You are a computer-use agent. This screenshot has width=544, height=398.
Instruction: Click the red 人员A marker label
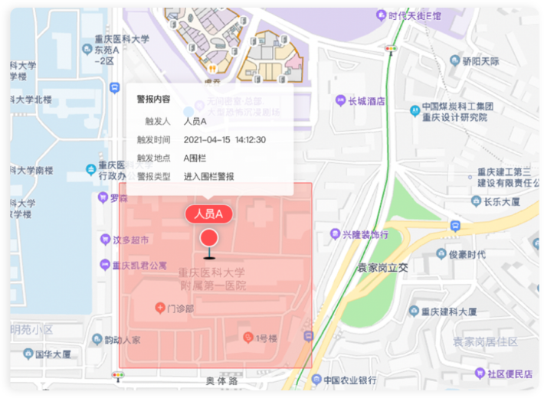click(x=208, y=214)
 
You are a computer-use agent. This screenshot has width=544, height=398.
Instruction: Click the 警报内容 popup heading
click(x=153, y=99)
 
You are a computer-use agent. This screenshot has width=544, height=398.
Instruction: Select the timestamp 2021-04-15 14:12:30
click(x=224, y=139)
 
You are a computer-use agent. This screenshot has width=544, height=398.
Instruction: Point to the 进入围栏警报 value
click(x=208, y=176)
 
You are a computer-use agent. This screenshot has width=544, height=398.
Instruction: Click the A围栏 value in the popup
click(x=195, y=158)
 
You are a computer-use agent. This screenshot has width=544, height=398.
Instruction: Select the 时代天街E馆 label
click(x=414, y=15)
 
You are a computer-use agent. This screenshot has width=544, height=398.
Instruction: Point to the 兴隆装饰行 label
click(x=365, y=233)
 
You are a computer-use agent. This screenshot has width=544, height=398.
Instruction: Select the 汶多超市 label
click(x=130, y=240)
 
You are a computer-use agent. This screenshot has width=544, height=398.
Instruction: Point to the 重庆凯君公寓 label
click(x=139, y=266)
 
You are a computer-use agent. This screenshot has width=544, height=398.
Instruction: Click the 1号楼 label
click(x=265, y=338)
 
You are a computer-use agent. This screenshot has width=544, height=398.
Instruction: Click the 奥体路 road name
click(x=222, y=380)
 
